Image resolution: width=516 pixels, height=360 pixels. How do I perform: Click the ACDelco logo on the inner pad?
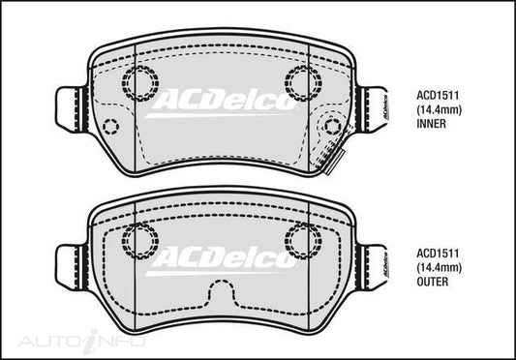point(222,103)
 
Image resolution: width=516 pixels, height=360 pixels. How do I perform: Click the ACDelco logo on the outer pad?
point(222,261)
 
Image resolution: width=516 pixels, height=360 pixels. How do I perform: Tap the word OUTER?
point(433,282)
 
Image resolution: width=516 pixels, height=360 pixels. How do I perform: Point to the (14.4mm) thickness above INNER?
point(439,110)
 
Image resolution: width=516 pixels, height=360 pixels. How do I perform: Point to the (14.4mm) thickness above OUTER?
point(439,268)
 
